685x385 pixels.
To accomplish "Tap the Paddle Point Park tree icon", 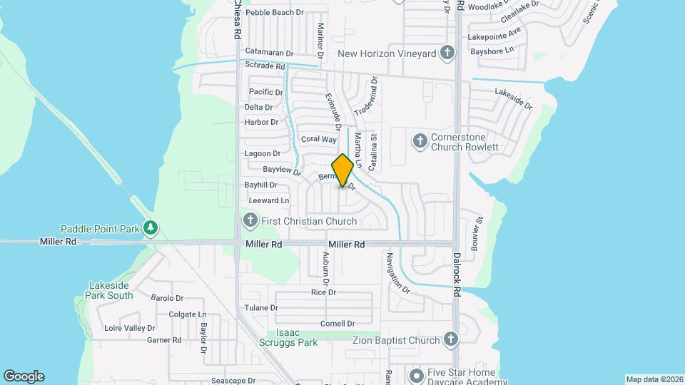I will point(150,228).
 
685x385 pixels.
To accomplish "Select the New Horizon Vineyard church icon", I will point(447,53).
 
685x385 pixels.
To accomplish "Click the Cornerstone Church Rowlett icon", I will point(419,140).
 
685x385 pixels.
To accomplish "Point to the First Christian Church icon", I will point(250,221).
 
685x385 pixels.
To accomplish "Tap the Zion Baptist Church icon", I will point(450,339).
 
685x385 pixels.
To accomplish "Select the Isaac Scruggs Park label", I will point(296,338).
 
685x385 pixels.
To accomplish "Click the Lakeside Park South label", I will point(111,290).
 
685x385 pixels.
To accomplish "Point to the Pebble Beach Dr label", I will point(275,13).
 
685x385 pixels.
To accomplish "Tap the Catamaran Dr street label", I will point(269,53).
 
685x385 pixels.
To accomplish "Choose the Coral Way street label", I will point(318,140).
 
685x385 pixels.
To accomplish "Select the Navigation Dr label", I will point(398,273).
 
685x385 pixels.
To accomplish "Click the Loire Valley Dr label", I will point(130,328).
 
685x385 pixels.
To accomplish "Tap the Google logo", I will point(24,376).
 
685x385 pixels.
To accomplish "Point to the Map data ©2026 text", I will point(654,379).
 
